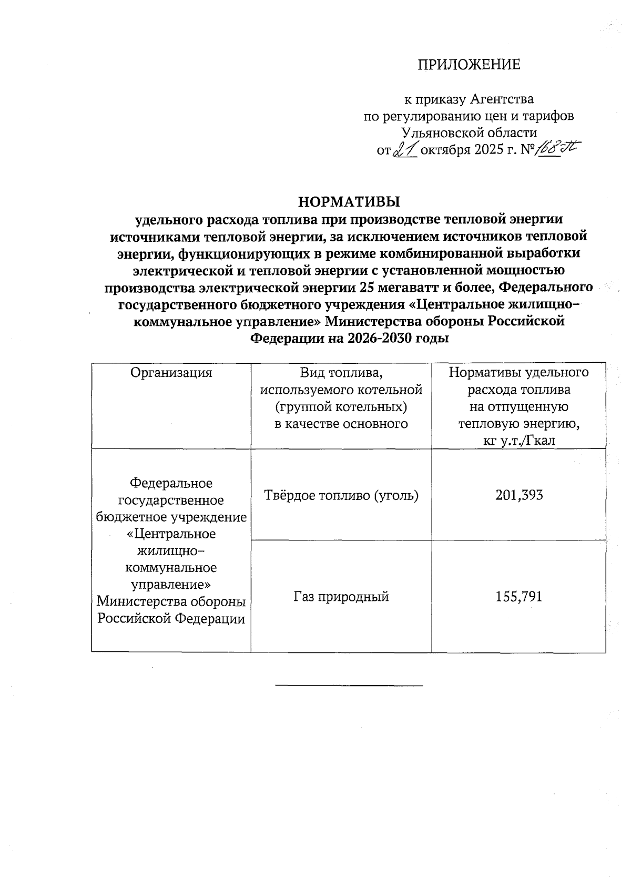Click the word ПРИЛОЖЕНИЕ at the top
click(469, 65)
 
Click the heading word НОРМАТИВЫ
click(349, 202)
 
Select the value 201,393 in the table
click(518, 495)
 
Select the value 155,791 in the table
click(518, 596)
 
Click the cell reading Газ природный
click(341, 596)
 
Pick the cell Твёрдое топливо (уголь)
click(341, 495)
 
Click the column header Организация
click(171, 373)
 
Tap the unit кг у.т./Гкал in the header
click(518, 441)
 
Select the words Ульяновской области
click(469, 133)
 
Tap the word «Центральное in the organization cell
click(171, 534)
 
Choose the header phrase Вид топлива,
click(341, 373)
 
